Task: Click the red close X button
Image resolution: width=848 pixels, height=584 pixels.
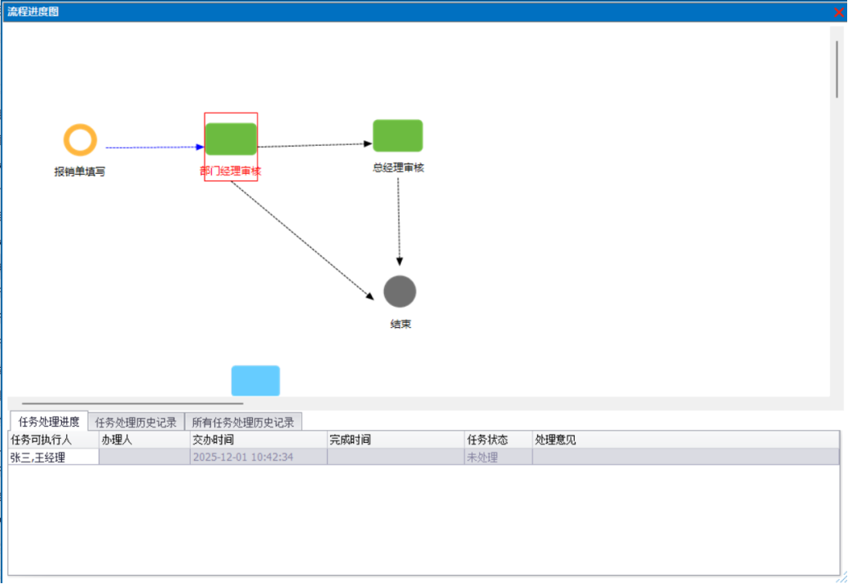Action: (x=839, y=12)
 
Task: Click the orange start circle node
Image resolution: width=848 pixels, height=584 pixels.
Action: (x=80, y=140)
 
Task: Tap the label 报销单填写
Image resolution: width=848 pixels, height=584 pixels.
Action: (x=80, y=172)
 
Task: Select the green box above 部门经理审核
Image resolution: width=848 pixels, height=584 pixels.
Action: (x=231, y=139)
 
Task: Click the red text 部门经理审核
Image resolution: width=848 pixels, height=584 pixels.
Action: (x=231, y=171)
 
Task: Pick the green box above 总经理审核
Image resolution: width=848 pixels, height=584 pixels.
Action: (x=398, y=135)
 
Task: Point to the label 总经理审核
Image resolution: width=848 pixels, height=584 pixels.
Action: (x=398, y=168)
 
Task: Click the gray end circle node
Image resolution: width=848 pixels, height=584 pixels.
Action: (x=400, y=291)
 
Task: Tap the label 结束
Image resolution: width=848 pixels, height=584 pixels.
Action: (x=400, y=324)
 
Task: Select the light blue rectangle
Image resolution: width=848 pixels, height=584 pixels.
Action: (x=255, y=381)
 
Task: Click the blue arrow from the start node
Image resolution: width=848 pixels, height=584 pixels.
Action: (x=155, y=148)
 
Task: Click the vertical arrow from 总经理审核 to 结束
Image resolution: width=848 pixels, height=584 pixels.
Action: (x=399, y=220)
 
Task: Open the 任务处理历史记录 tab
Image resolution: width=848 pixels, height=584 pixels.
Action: (x=136, y=423)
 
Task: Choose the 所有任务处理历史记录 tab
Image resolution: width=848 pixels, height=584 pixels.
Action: (x=243, y=423)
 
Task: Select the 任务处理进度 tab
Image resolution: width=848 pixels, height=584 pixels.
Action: (x=49, y=422)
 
